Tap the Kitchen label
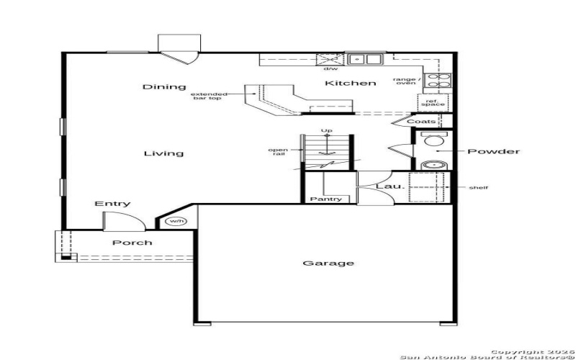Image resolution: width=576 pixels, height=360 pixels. pos(350,84)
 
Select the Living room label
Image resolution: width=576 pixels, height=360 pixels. pos(163,153)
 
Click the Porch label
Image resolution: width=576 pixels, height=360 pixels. pos(132,243)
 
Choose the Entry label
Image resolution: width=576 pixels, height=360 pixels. pos(112,204)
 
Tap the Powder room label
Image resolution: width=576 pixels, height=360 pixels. pos(493,152)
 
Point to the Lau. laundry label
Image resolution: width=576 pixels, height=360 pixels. pos(387,186)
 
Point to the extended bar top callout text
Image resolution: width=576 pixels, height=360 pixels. pos(210,96)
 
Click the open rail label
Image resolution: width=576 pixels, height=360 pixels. pos(278,152)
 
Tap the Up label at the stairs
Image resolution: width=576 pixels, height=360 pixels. pos(327,130)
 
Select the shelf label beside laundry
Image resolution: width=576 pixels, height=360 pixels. pos(479,188)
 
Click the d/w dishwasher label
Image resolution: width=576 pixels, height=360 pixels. pos(330,69)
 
